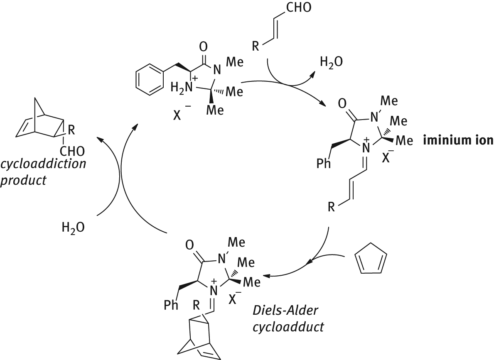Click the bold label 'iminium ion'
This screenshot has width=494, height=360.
coord(457,140)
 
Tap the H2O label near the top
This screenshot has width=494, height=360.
coord(331,62)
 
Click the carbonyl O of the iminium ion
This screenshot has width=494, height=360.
coord(342,102)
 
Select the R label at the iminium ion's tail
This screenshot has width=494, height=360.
coord(331,206)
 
